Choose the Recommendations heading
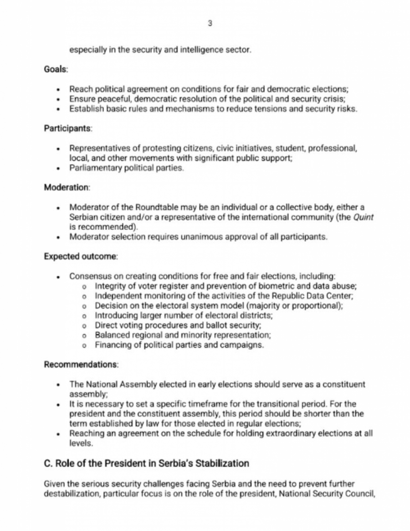[x=81, y=365]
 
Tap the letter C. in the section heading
[x=48, y=464]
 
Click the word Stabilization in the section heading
[x=222, y=464]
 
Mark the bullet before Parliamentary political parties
[x=58, y=169]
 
